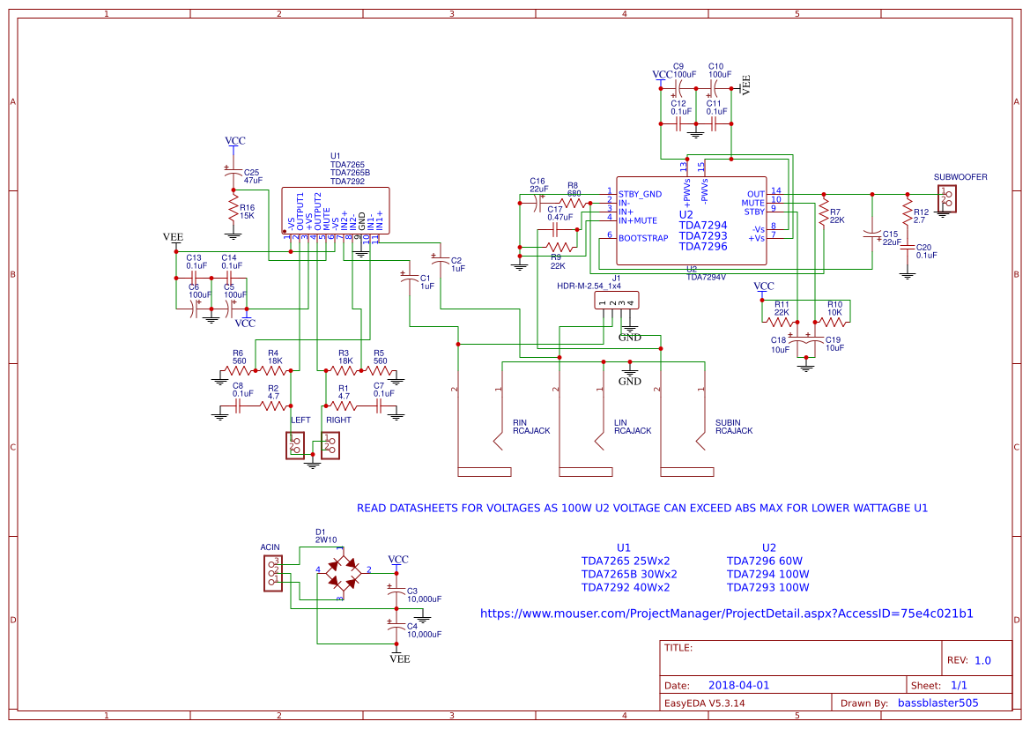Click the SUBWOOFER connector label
(x=960, y=177)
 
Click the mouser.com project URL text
(x=726, y=614)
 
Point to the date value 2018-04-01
(x=738, y=685)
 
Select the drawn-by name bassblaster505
(x=937, y=703)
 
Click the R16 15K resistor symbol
(x=233, y=209)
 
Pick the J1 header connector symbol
(x=617, y=302)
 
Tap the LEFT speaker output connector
(x=295, y=446)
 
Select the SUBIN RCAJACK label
(x=733, y=427)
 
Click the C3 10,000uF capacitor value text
(x=424, y=599)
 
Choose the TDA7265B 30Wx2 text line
(x=628, y=574)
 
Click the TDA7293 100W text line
(x=767, y=588)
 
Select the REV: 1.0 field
(x=968, y=660)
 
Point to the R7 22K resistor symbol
(x=823, y=212)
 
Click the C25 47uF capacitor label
(x=252, y=176)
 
